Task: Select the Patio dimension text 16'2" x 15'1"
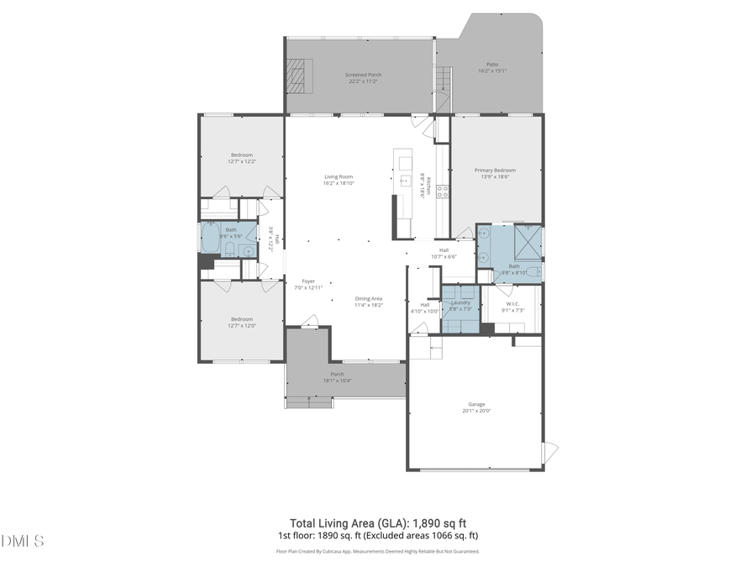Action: [x=492, y=71]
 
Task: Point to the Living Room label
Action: [x=339, y=176]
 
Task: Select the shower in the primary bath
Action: [x=528, y=245]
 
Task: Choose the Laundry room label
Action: [x=460, y=302]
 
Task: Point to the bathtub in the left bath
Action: [x=210, y=238]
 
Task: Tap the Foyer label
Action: [x=308, y=281]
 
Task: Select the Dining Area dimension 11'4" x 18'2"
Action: [x=369, y=305]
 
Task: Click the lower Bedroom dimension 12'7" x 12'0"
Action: [x=242, y=325]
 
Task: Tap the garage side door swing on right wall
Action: [x=549, y=452]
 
